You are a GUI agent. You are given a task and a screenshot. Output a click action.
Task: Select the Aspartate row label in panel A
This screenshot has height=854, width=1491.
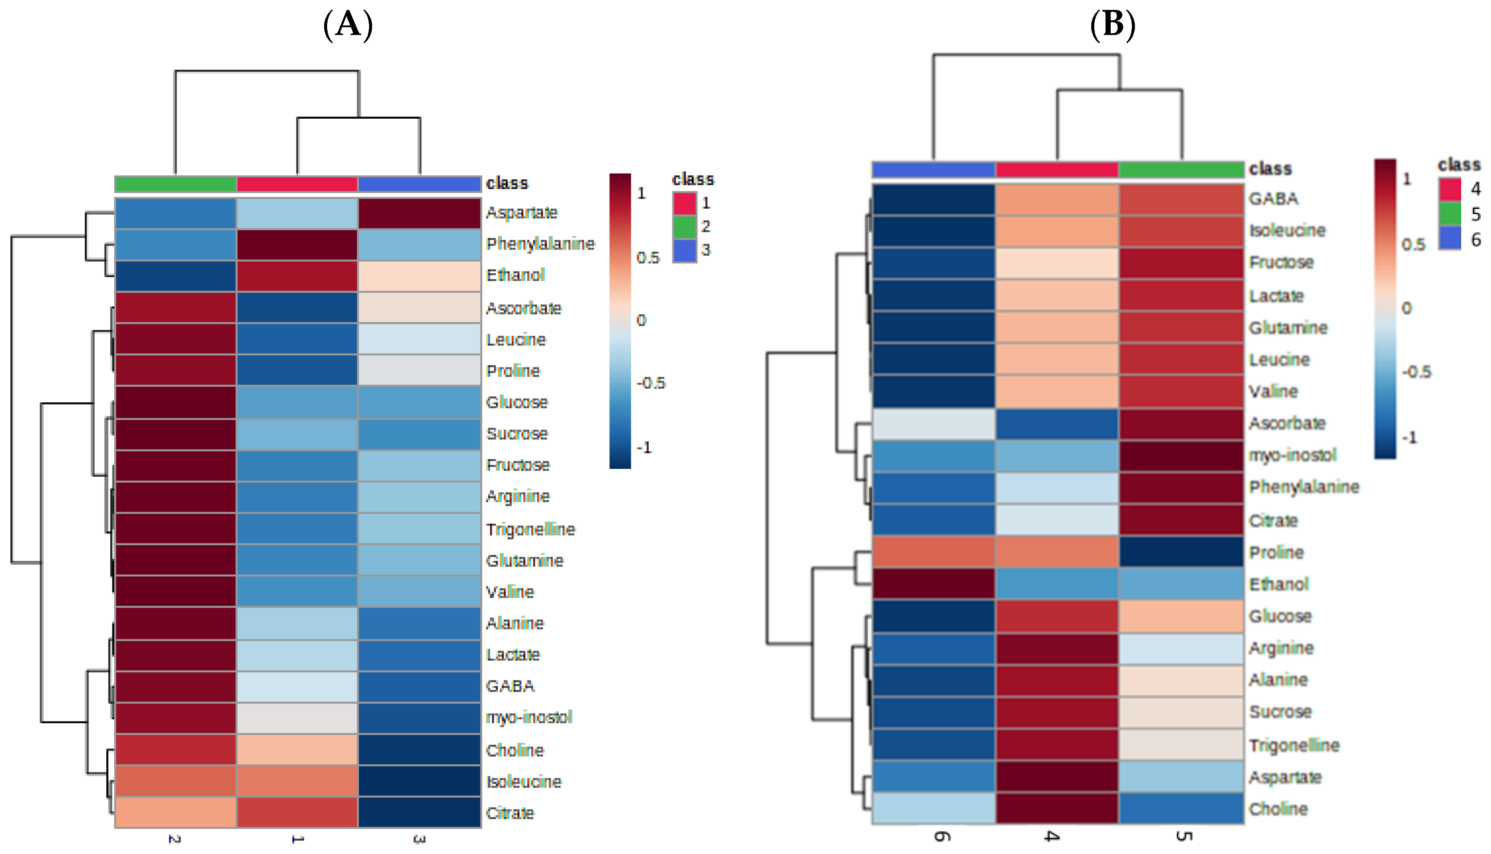pos(521,212)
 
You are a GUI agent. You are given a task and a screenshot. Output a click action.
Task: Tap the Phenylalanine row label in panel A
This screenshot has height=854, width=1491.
pos(540,244)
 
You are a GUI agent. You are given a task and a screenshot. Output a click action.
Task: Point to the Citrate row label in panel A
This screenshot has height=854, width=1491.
pos(510,813)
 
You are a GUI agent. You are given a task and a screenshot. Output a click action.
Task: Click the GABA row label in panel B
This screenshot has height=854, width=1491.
pos(1273,199)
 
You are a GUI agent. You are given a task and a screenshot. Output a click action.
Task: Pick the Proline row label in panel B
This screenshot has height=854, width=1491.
pos(1276,553)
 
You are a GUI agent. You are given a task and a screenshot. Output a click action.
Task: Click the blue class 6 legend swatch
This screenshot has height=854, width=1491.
pos(1450,239)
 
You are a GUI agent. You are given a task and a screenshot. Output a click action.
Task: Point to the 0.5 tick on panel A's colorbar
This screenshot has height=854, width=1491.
pos(648,257)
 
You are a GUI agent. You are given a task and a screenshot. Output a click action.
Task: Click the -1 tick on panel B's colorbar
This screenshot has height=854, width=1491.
pos(1409,437)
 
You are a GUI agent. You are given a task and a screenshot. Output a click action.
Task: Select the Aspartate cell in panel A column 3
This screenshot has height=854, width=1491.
pos(419,213)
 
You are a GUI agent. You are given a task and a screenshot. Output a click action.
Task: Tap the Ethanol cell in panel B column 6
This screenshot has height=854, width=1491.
pos(933,584)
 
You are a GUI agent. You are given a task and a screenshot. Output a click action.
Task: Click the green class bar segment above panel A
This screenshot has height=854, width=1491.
pos(175,183)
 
